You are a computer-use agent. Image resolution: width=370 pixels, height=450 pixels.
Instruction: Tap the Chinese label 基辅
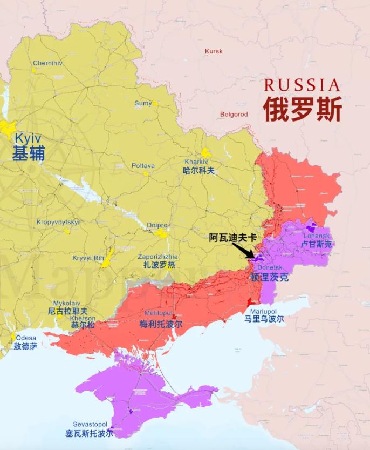point(29,154)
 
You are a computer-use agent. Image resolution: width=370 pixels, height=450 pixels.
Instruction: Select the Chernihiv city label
point(47,63)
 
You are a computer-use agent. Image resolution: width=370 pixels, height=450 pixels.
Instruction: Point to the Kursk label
point(214,51)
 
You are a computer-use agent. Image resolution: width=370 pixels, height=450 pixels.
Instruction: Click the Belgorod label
point(234,115)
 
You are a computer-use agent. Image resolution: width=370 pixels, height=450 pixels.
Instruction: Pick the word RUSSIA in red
point(302,85)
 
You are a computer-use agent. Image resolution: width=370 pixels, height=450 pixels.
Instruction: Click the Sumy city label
point(143,103)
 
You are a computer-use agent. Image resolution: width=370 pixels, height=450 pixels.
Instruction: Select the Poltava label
point(143,166)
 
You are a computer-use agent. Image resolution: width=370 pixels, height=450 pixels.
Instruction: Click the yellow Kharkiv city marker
point(206,153)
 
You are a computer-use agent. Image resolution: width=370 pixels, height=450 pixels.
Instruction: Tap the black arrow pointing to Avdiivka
point(243,251)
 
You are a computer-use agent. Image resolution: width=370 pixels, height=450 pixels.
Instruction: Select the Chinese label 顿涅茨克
point(269,278)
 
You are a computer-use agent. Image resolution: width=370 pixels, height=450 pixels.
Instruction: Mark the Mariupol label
point(263,312)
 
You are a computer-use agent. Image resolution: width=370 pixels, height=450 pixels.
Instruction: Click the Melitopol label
point(158,313)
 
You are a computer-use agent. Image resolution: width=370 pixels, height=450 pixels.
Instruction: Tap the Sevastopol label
point(91,425)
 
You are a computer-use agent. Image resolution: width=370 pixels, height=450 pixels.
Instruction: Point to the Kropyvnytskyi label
point(58,222)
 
